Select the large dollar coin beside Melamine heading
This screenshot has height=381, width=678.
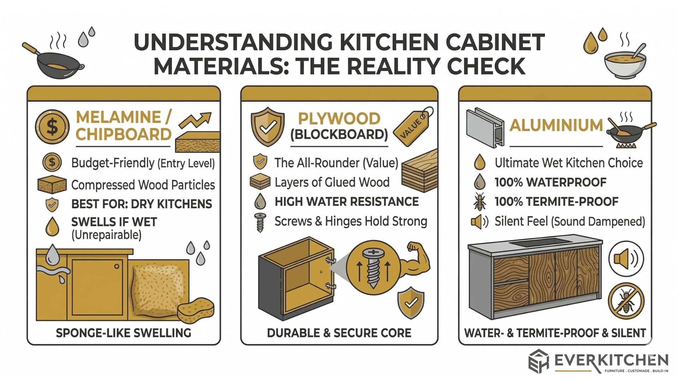52,127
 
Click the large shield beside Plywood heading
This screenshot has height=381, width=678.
268,127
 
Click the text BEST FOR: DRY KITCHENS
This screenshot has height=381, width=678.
141,204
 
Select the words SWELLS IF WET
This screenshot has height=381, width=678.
114,222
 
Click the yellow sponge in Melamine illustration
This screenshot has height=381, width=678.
196,310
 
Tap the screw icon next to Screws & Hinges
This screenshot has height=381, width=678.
260,222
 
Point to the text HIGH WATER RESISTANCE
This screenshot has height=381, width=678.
346,202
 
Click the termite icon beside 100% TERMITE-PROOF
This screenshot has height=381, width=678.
480,202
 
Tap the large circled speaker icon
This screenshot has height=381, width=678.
626,259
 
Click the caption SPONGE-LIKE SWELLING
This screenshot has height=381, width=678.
123,333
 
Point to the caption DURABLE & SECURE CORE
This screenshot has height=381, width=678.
339,333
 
